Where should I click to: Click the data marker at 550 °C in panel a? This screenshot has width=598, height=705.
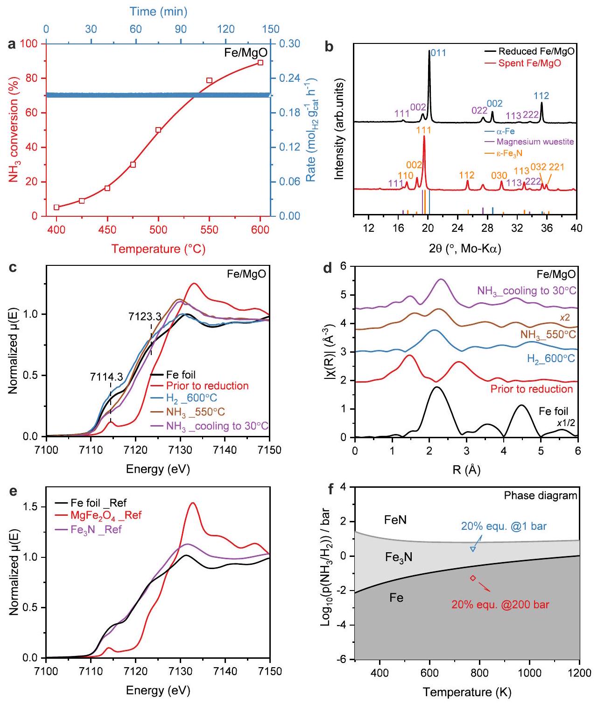(210, 80)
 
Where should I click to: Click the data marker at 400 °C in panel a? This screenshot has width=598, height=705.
(56, 207)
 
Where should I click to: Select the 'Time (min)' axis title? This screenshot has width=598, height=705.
(158, 11)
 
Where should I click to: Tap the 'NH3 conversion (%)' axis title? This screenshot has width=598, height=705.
(14, 129)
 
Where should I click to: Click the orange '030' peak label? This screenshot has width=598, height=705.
(499, 176)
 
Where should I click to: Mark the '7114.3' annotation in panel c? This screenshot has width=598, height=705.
(106, 377)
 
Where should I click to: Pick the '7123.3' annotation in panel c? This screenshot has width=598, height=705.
(145, 317)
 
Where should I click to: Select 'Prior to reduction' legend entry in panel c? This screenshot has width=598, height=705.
(207, 386)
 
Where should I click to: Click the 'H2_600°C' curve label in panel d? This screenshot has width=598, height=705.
(551, 359)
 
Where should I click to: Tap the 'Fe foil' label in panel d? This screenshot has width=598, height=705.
(554, 412)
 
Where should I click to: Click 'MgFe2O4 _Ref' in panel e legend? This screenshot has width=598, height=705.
(106, 516)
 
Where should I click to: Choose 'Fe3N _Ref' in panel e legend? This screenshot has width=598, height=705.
(97, 530)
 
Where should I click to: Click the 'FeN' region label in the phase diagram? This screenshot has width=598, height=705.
(395, 520)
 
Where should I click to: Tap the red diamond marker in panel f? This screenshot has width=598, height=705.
(473, 578)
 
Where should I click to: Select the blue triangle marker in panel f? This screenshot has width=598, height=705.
(472, 549)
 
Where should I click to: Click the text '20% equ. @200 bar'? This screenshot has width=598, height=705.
(500, 605)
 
